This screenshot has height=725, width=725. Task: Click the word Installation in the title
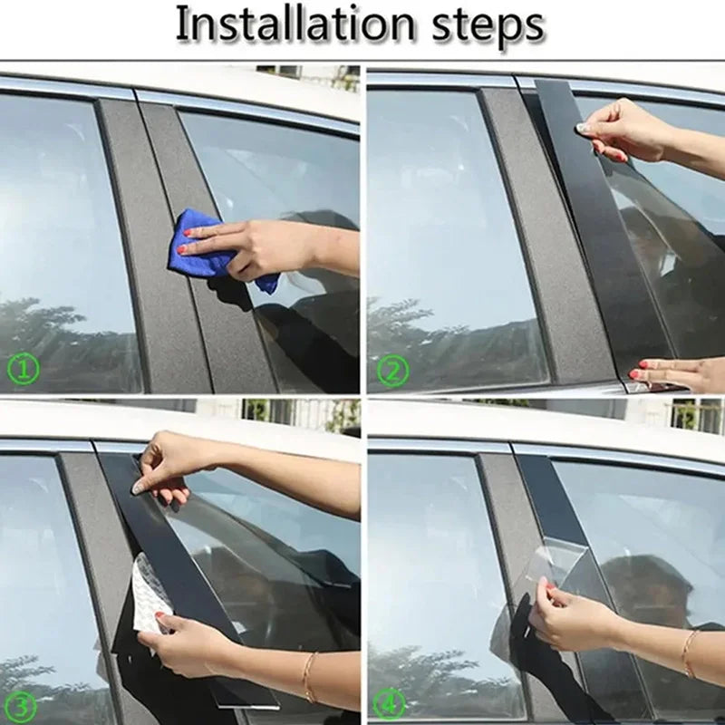click(294, 24)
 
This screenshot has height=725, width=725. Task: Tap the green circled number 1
click(24, 369)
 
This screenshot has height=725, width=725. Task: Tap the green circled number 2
click(392, 371)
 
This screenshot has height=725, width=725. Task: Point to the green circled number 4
click(390, 703)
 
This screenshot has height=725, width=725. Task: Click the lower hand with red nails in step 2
click(676, 372)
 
